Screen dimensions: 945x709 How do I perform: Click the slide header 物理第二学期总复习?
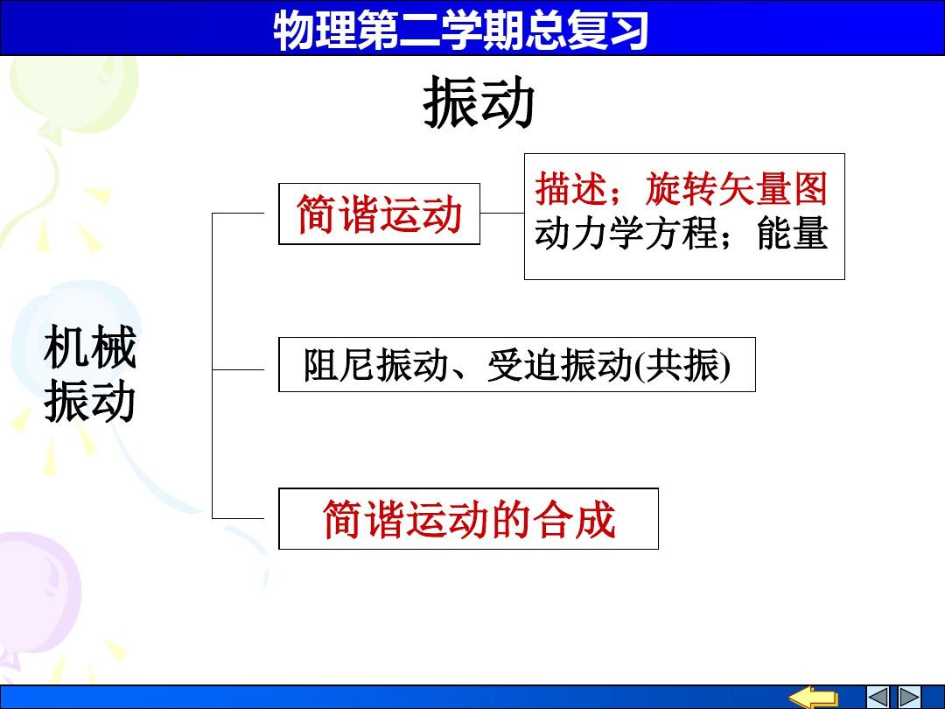pos(461,30)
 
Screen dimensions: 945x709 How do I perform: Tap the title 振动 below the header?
pos(479,105)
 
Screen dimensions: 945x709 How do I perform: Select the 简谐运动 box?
pos(379,214)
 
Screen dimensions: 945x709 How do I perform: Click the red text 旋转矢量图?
pos(736,189)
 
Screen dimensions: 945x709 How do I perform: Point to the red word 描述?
pos(570,189)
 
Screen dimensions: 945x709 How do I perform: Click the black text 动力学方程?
pos(626,234)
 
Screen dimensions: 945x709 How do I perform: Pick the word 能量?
pos(793,234)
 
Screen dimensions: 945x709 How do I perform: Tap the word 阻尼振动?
pos(374,365)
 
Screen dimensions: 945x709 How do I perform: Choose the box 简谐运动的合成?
pos(468,518)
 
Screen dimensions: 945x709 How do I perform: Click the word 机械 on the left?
pos(90,347)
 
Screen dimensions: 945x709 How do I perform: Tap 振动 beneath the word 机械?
pos(90,401)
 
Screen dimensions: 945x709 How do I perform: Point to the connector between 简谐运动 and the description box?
pos(502,213)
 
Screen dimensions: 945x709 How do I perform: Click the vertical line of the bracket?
pos(212,365)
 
